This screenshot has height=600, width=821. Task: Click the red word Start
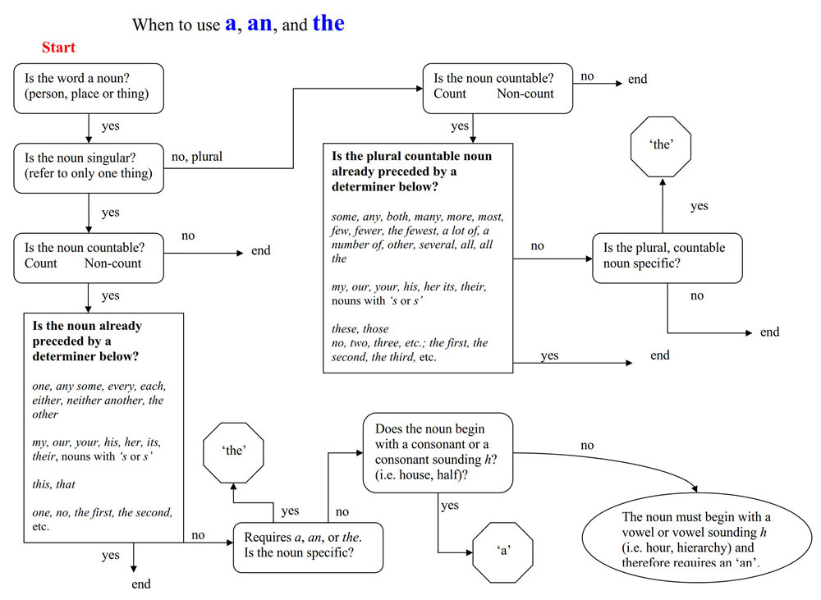point(58,47)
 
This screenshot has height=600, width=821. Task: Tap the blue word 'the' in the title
point(328,22)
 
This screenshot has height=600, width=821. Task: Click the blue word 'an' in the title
point(259,24)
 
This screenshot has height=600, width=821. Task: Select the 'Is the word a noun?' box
point(89,89)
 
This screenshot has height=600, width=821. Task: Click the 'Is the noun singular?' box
point(89,168)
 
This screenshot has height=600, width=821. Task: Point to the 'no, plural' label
point(197,157)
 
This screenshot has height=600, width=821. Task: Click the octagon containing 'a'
point(502,552)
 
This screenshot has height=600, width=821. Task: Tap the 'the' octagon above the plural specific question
point(661,147)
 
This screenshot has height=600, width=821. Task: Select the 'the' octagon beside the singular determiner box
point(233,453)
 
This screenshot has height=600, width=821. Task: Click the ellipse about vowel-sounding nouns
point(697,538)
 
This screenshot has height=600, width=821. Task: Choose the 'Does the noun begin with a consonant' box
point(438,453)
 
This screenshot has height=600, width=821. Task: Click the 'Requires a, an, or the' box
point(308,547)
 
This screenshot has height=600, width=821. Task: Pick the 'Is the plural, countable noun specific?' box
point(667,258)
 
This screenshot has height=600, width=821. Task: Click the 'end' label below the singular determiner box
point(141,584)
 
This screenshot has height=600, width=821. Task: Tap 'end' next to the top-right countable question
point(637,79)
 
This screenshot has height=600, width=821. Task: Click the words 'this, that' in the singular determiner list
point(53,484)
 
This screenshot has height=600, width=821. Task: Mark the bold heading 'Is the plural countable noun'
point(411,156)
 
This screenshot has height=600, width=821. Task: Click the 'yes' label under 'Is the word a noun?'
point(111,126)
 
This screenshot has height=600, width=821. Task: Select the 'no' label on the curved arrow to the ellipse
point(587,446)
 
